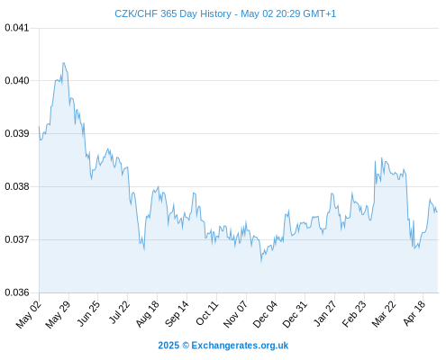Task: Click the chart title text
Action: click(x=225, y=13)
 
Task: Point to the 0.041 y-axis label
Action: click(x=17, y=28)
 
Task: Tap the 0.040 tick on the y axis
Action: click(x=17, y=80)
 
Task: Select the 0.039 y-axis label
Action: click(x=17, y=133)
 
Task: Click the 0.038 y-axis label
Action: click(x=17, y=186)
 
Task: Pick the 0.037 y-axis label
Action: click(x=17, y=239)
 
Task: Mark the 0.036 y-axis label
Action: click(x=17, y=292)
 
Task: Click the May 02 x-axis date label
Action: click(x=28, y=314)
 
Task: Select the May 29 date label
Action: click(x=58, y=314)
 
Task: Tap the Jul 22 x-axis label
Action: click(x=119, y=312)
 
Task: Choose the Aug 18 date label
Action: click(x=147, y=313)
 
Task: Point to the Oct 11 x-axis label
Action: click(x=207, y=312)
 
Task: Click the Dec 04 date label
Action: click(x=265, y=313)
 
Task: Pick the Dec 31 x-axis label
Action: click(x=295, y=313)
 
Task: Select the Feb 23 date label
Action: click(x=354, y=313)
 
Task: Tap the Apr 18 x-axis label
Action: click(x=414, y=312)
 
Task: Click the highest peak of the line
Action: click(x=63, y=63)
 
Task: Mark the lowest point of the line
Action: click(x=261, y=262)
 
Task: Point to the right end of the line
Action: click(x=437, y=212)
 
